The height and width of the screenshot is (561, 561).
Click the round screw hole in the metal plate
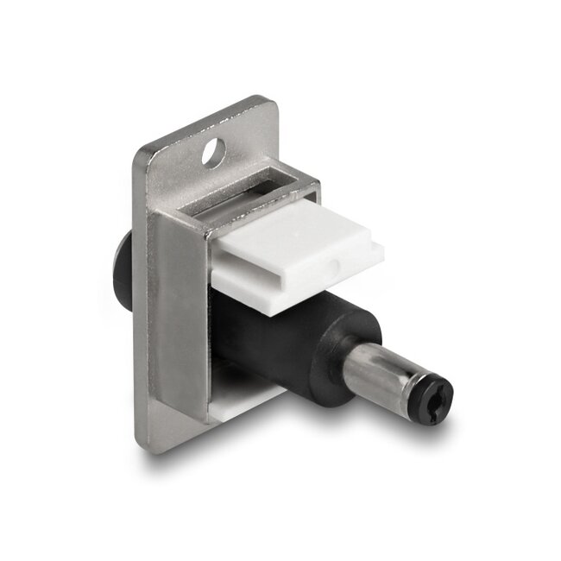(x=211, y=155)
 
